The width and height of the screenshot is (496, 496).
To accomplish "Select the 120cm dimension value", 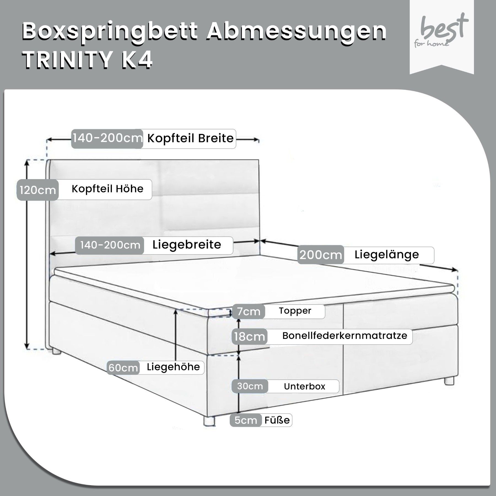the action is (x=38, y=190).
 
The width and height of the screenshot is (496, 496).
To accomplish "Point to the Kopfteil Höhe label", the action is (x=107, y=189).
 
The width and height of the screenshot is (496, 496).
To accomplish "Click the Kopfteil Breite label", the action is (x=190, y=138).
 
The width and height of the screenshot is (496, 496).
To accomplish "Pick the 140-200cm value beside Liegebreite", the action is (x=110, y=245).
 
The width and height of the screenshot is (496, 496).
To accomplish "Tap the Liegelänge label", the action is (x=387, y=255).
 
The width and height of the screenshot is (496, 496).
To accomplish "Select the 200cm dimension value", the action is (x=320, y=255).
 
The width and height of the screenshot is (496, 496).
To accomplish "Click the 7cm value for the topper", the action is (x=249, y=312).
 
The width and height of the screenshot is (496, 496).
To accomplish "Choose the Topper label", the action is (x=295, y=311).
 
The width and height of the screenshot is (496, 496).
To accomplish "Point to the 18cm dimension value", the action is (x=249, y=336).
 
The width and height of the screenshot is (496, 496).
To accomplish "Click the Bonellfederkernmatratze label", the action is (x=345, y=336).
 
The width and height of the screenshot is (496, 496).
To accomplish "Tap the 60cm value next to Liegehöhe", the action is (x=123, y=368).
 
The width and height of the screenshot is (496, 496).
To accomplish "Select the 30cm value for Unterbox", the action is (x=250, y=386).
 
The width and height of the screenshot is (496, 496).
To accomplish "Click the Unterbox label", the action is (x=304, y=386).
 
